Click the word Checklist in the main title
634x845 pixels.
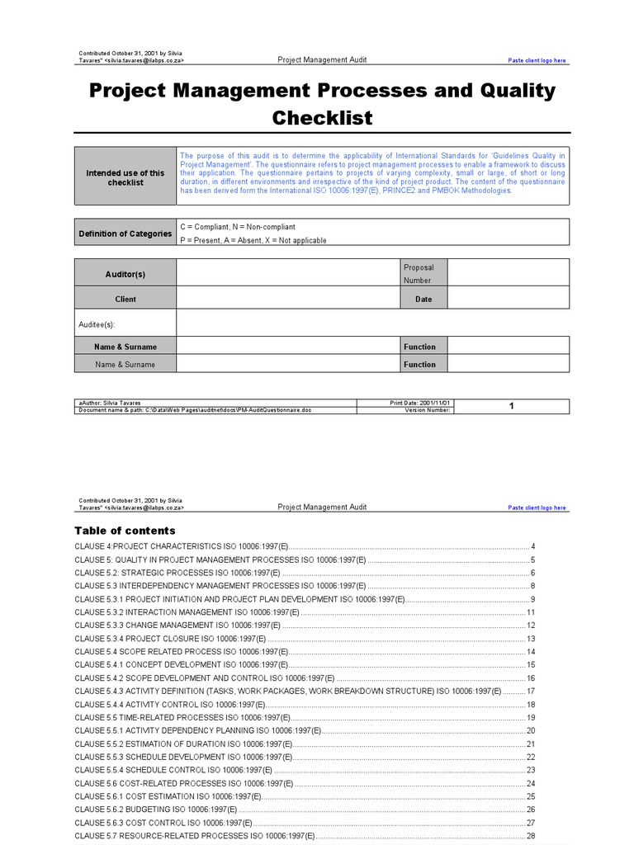click(x=322, y=118)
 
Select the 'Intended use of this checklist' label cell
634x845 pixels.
click(x=125, y=177)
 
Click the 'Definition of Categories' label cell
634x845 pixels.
click(x=125, y=234)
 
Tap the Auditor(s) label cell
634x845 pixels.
click(x=125, y=274)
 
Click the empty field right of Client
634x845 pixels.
click(x=287, y=299)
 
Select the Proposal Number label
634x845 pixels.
click(x=418, y=273)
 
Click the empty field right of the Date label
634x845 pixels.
click(x=508, y=299)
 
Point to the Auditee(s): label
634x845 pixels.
click(x=97, y=325)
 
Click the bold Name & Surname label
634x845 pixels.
click(x=125, y=347)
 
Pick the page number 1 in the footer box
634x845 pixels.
click(x=512, y=406)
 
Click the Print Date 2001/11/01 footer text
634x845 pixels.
click(x=420, y=403)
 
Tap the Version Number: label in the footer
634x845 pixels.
click(x=428, y=410)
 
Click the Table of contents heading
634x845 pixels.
click(x=125, y=531)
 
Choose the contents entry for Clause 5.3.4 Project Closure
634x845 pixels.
click(x=170, y=639)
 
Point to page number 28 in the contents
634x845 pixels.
click(x=531, y=836)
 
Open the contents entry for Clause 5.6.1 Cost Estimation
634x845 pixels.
click(x=168, y=796)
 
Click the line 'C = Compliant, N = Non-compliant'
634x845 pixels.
click(x=237, y=227)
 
